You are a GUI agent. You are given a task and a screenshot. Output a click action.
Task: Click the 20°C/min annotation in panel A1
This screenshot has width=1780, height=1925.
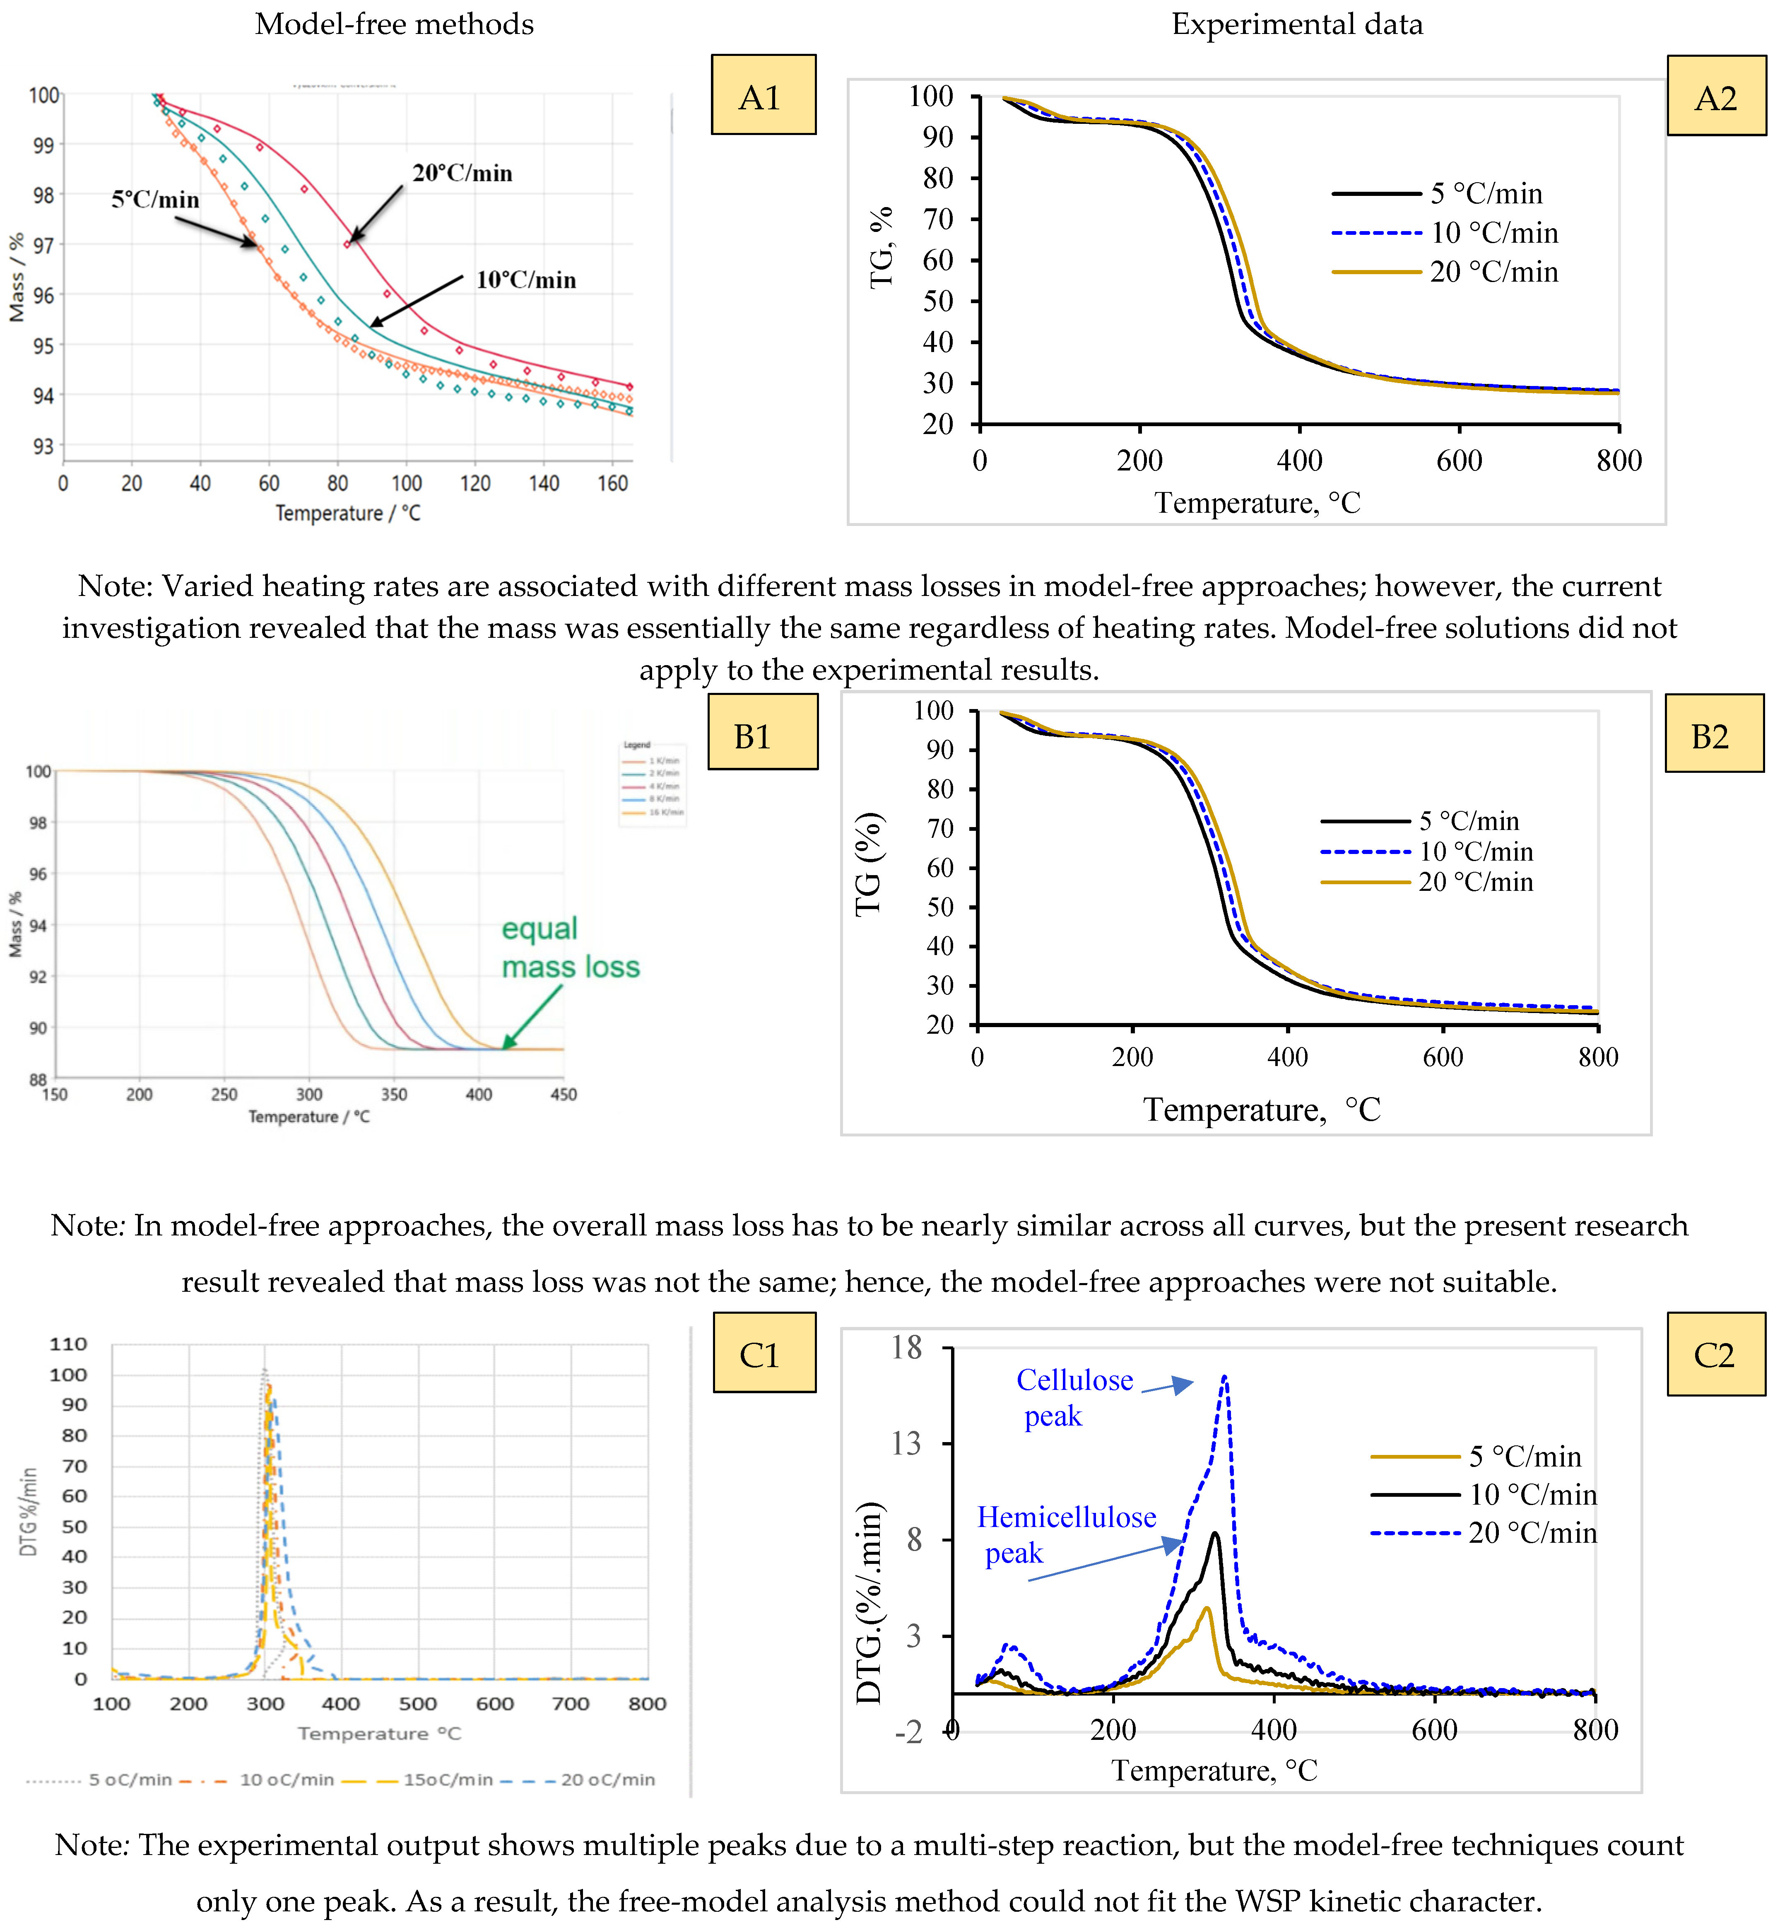tap(462, 174)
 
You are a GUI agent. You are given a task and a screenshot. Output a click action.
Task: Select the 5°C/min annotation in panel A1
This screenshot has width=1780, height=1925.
tap(155, 200)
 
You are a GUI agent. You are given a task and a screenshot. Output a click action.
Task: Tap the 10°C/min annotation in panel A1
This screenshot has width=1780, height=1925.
tap(526, 280)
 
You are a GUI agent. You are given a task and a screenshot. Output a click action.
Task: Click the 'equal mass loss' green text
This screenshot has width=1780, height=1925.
tap(569, 948)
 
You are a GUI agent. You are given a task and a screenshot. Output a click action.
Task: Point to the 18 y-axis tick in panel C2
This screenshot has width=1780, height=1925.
tap(906, 1347)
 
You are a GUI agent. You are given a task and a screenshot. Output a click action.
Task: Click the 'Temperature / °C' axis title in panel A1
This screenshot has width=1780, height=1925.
tap(348, 514)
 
